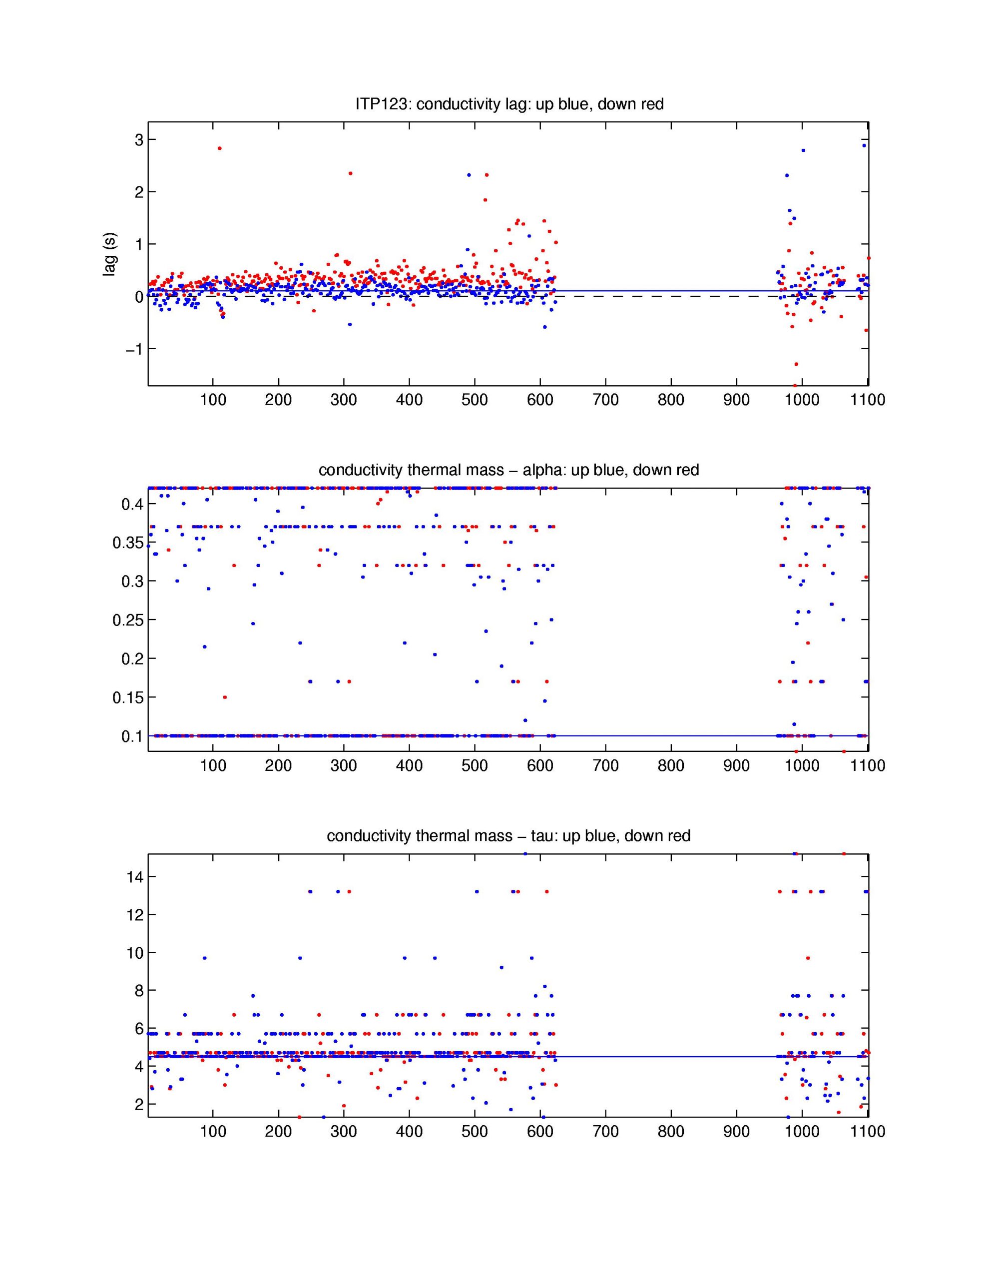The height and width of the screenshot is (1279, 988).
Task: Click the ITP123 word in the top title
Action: (x=383, y=104)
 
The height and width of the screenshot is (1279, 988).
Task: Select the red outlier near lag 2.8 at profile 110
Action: (x=220, y=148)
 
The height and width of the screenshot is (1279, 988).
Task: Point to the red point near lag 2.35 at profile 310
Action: (x=350, y=173)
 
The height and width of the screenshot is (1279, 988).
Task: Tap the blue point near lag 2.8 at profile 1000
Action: (x=803, y=150)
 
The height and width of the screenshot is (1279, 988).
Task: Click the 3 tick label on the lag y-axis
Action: (x=139, y=140)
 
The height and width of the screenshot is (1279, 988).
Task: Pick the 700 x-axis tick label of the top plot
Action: (x=605, y=400)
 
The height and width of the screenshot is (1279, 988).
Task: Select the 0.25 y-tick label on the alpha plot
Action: (x=128, y=620)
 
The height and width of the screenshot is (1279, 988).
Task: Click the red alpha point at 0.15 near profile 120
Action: (x=225, y=697)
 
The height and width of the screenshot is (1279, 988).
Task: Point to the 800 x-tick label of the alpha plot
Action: (x=671, y=765)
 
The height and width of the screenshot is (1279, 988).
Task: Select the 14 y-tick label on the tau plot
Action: (x=135, y=877)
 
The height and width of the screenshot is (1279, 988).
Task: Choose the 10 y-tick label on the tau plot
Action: (x=135, y=953)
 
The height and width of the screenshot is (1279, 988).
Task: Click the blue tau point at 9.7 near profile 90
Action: (x=204, y=958)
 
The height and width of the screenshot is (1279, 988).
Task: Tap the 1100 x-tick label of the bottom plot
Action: (x=867, y=1132)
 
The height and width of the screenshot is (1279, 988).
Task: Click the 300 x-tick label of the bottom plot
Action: (x=343, y=1132)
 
